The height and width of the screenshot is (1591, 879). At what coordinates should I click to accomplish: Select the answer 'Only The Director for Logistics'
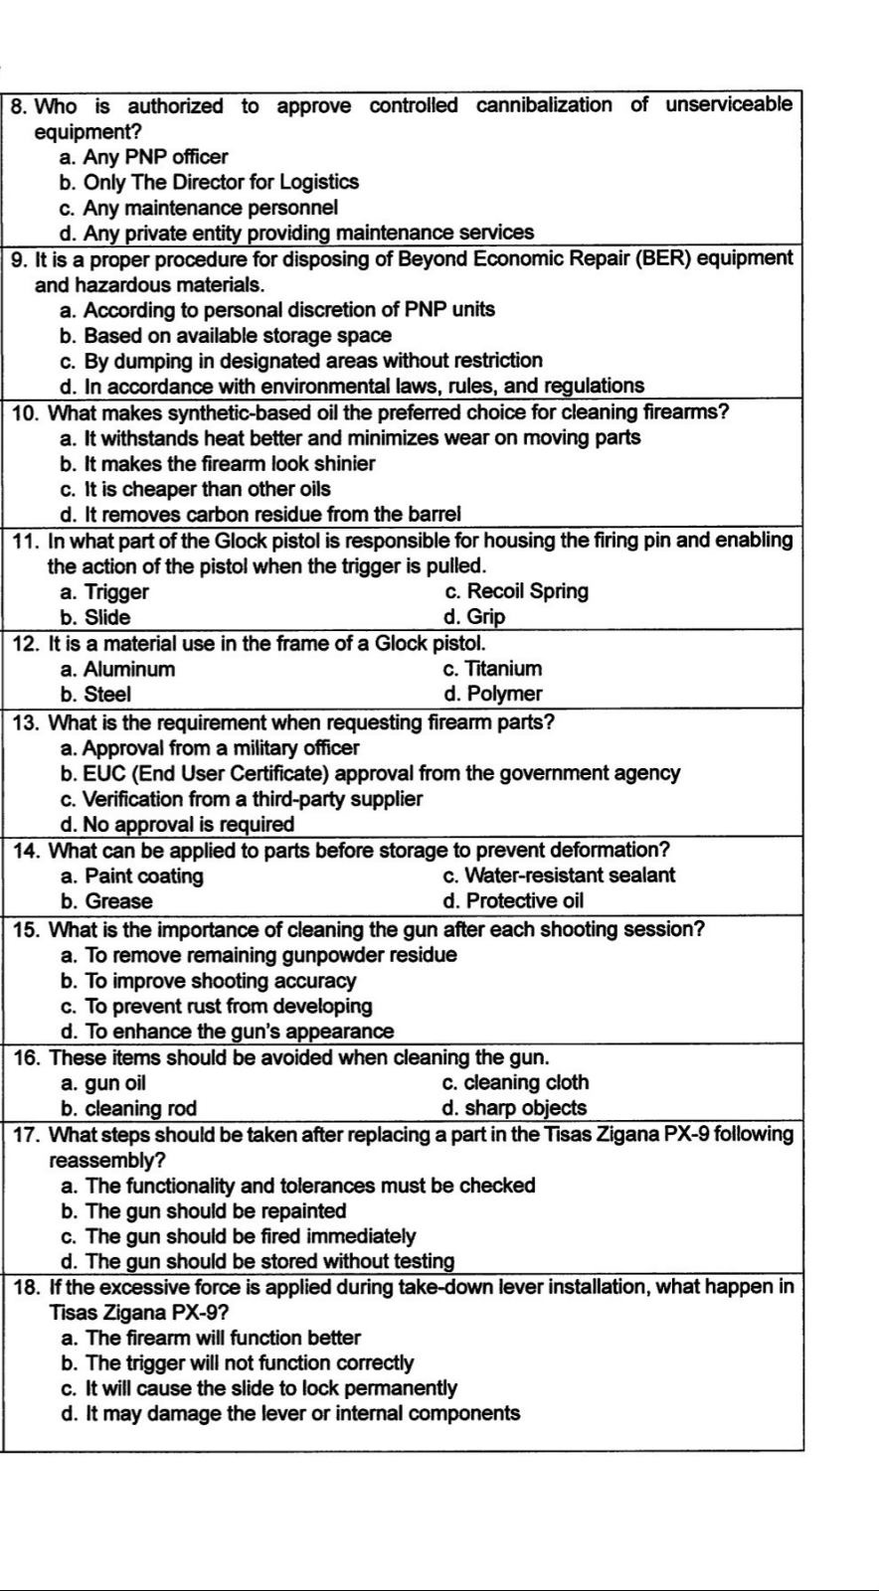[220, 183]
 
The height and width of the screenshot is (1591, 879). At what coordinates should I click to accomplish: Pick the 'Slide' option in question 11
[106, 617]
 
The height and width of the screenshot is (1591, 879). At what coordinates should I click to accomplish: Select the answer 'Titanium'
[504, 669]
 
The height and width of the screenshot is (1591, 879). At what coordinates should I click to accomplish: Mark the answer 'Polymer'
[504, 694]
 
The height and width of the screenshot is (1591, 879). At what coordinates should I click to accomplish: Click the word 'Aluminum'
[129, 670]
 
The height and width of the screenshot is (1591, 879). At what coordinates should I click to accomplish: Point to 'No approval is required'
[189, 825]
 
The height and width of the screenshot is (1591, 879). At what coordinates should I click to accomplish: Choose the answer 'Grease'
[118, 901]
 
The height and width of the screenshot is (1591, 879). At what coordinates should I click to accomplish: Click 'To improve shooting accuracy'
[220, 981]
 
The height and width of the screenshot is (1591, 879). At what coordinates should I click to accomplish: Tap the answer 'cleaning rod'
[140, 1108]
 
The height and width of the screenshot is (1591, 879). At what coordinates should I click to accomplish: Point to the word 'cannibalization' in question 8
[544, 105]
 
